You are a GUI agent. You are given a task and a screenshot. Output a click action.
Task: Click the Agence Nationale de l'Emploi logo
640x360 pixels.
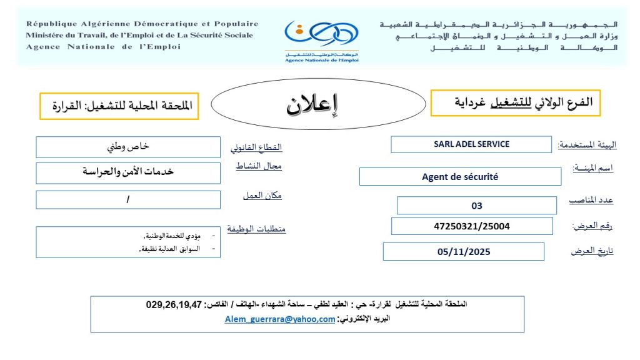[321, 39]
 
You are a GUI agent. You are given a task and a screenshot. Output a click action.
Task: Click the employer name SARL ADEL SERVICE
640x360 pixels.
[471, 144]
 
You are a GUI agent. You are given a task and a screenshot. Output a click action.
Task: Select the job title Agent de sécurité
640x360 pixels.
[460, 177]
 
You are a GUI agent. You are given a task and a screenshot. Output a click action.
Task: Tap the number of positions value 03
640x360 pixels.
[477, 206]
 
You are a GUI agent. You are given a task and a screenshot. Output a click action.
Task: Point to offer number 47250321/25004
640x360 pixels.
[472, 226]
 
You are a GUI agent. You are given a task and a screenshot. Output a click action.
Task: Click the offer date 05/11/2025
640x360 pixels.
[464, 252]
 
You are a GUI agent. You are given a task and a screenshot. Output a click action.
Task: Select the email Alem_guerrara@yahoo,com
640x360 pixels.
[280, 319]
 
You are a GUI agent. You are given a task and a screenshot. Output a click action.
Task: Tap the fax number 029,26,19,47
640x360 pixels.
[174, 305]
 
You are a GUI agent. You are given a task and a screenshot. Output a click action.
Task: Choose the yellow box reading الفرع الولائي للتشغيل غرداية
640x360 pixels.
[515, 102]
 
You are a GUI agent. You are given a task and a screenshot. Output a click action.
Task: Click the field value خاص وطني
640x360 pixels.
[128, 147]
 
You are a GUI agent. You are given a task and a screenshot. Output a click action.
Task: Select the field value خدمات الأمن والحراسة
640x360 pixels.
[128, 172]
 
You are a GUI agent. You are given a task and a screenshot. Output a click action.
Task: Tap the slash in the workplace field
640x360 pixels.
[127, 199]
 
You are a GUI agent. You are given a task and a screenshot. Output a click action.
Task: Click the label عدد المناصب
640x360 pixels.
[591, 201]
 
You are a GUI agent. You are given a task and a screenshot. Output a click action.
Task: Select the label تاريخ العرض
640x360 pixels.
[592, 251]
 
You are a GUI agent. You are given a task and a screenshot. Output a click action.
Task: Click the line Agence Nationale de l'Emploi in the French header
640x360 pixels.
[103, 47]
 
